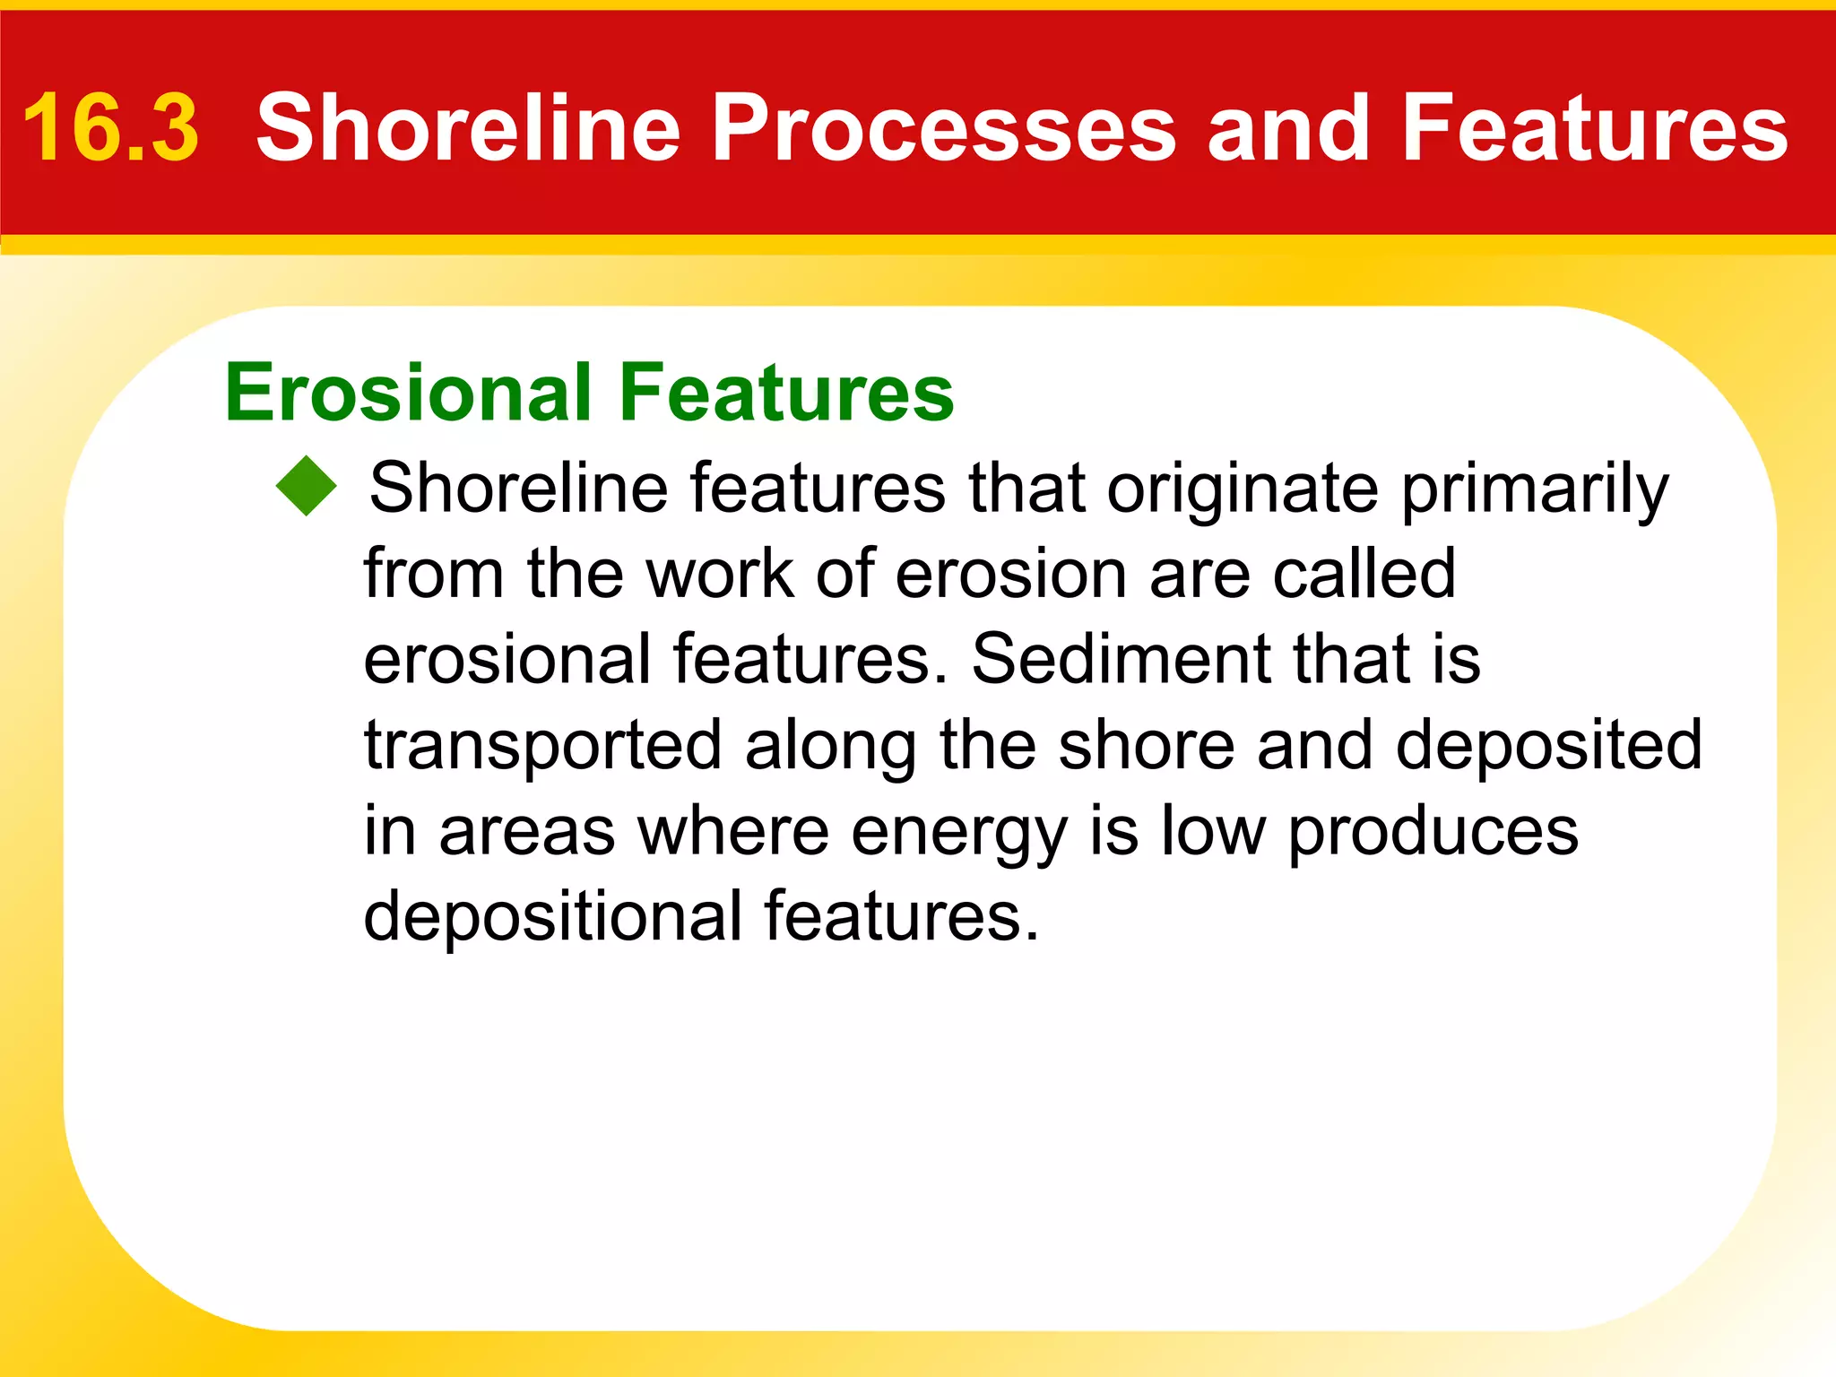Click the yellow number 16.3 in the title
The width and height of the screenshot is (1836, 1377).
click(x=109, y=128)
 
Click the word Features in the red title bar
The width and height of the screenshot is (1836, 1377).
click(x=1594, y=128)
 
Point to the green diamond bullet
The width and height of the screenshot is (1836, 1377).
click(x=307, y=486)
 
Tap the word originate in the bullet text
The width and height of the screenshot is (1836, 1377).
click(x=1242, y=489)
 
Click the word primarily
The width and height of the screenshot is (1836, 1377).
click(x=1535, y=489)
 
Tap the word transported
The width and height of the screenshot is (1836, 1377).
click(x=542, y=746)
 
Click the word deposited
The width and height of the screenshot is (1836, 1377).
click(x=1548, y=744)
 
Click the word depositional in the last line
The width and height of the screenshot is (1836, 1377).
click(x=552, y=916)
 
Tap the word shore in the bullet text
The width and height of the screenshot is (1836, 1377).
click(x=1146, y=744)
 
